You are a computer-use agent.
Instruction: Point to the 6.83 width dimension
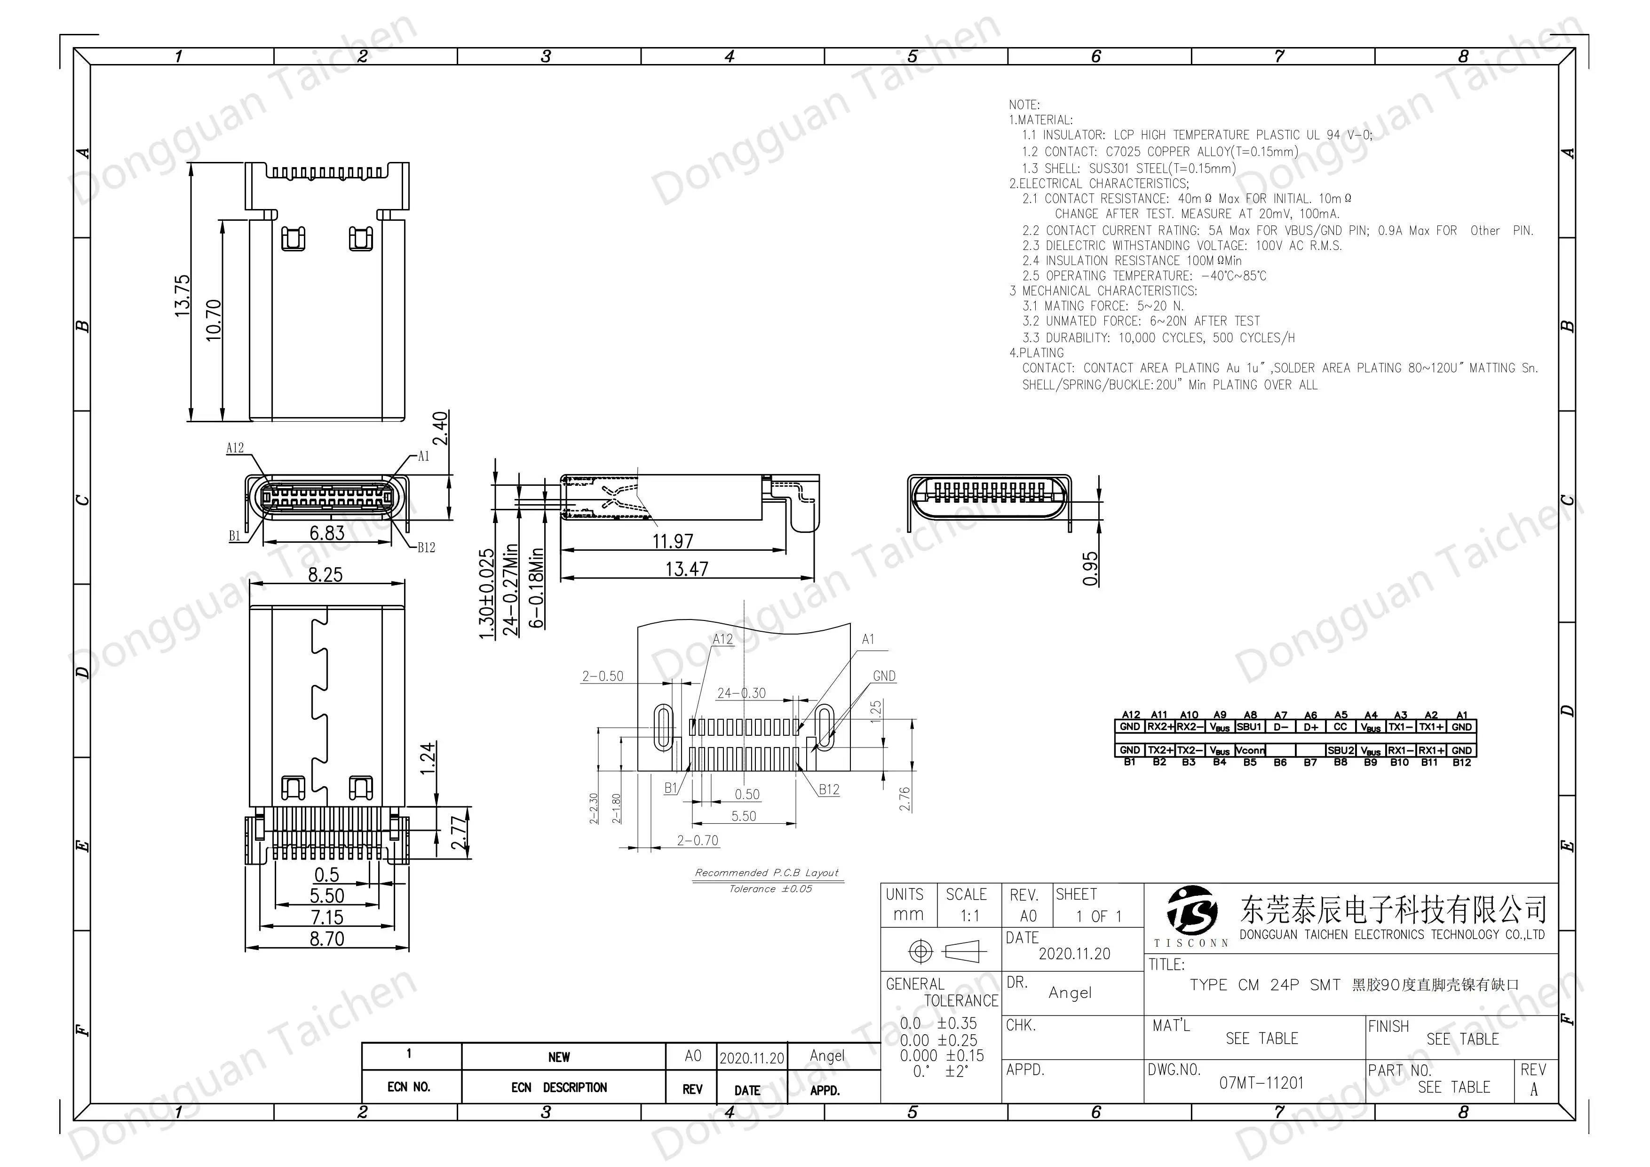pos(327,533)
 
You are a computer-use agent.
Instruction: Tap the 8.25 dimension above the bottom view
pos(325,574)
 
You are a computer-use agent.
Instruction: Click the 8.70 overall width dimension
pos(327,938)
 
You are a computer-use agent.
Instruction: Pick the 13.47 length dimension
pos(686,569)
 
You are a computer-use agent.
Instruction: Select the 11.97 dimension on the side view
pos(673,541)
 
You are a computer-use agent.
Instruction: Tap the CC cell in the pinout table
pos(1340,727)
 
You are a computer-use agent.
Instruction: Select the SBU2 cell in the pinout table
pos(1340,750)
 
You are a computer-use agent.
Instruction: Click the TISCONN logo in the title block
pos(1191,917)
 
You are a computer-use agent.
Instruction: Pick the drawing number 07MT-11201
pos(1261,1083)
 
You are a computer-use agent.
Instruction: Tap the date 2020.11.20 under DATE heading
pos(1074,953)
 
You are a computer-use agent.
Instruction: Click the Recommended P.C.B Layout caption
pos(766,872)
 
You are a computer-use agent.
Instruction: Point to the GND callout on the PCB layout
pos(884,676)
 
